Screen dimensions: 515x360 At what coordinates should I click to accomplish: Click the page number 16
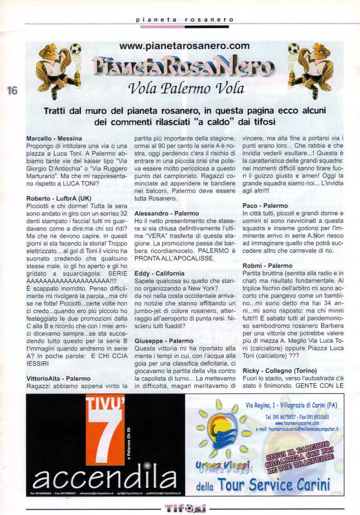click(x=12, y=90)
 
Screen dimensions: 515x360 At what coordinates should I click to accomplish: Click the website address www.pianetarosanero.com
click(x=184, y=45)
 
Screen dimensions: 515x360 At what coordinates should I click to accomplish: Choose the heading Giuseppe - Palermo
click(x=164, y=341)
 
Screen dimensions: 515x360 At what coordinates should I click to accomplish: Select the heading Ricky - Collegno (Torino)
click(x=286, y=371)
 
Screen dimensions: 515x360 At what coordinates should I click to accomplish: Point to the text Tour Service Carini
click(x=274, y=484)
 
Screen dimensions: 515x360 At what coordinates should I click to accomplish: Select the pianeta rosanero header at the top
click(x=184, y=19)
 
